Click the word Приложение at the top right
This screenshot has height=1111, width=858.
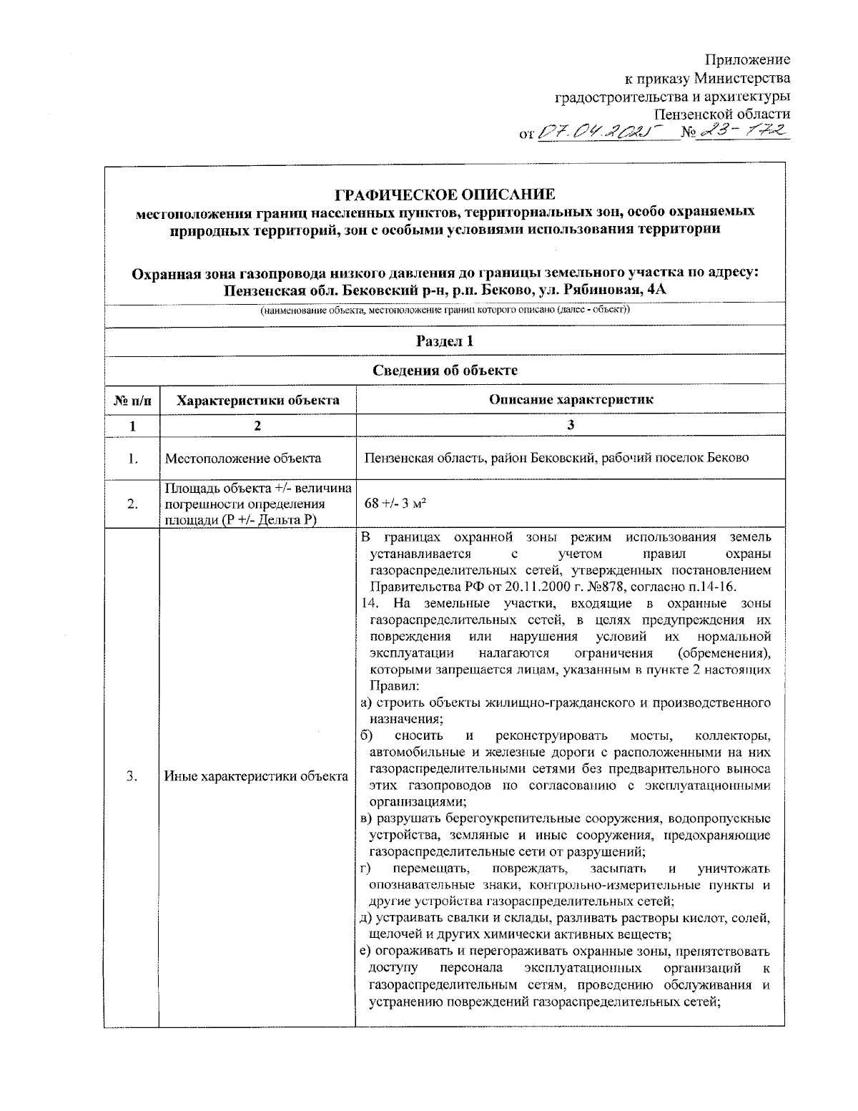click(x=747, y=59)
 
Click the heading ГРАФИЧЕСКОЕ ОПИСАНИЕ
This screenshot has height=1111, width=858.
click(x=445, y=195)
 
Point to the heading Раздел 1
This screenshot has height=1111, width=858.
click(x=445, y=341)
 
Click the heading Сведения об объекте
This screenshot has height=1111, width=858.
click(x=445, y=370)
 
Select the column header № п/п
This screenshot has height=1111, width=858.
click(x=132, y=400)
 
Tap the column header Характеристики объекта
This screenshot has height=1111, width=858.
click(x=257, y=400)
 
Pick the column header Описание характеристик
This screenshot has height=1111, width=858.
click(x=571, y=400)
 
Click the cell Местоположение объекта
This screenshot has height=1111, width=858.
click(x=243, y=459)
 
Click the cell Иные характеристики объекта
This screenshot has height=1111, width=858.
click(x=256, y=776)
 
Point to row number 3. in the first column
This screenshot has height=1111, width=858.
click(x=132, y=776)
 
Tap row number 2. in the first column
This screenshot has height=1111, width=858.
click(x=132, y=504)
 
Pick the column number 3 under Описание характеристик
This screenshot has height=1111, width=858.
click(x=571, y=426)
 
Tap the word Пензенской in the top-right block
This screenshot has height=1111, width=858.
click(x=690, y=114)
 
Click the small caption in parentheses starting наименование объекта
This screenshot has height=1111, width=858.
click(x=445, y=310)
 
